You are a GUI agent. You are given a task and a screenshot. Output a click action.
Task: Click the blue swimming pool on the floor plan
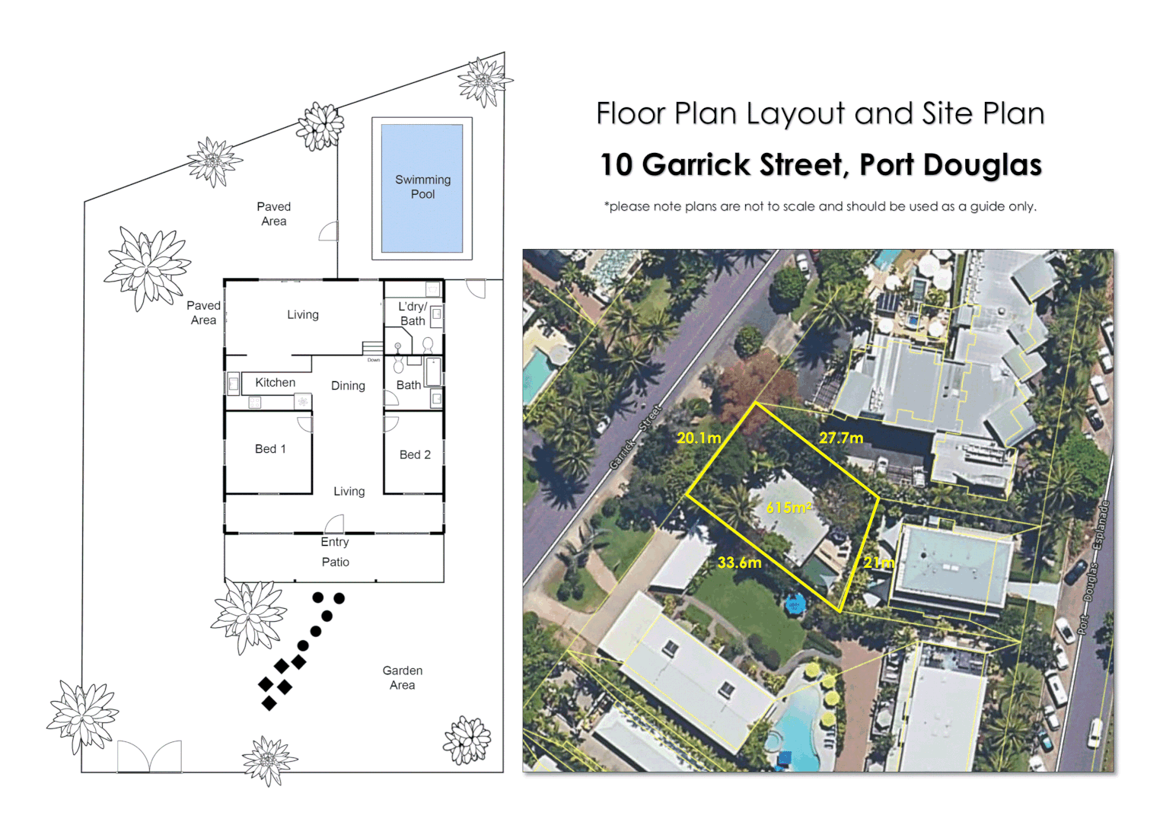point(422,187)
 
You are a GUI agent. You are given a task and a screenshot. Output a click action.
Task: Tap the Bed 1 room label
point(270,449)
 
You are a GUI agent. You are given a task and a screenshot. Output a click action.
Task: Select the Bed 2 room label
point(415,454)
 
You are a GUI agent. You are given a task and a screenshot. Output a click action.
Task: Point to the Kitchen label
point(275,383)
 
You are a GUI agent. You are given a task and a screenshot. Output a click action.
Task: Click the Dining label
point(348,386)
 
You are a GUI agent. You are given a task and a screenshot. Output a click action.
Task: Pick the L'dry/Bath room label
point(413,314)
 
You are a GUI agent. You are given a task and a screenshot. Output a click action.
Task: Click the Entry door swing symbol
point(335,524)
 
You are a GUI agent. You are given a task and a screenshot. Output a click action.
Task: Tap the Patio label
point(335,562)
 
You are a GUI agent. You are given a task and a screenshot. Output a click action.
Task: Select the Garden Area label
point(402,677)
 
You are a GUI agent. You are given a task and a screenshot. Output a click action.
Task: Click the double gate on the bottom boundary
point(149,757)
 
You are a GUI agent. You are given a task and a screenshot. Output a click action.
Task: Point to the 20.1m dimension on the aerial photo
point(698,438)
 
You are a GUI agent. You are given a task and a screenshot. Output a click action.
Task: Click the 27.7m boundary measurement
point(841,438)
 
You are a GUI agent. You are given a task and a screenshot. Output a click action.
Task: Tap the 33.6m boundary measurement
point(739,562)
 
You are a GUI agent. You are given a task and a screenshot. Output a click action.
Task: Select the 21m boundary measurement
point(878,562)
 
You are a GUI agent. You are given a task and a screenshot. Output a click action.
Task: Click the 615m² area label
point(789,508)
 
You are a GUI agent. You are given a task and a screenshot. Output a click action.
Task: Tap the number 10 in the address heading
point(616,165)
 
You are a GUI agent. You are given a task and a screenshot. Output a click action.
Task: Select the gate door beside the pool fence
point(329,231)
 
